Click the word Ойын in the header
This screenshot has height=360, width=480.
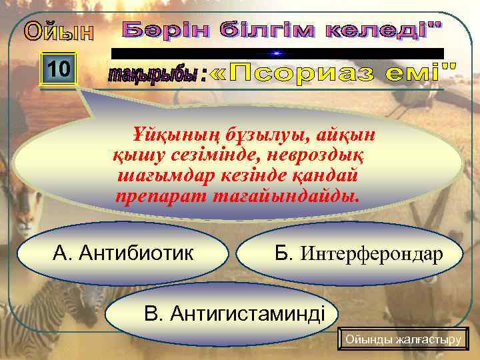coord(59,32)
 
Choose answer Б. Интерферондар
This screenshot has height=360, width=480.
coord(358,253)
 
